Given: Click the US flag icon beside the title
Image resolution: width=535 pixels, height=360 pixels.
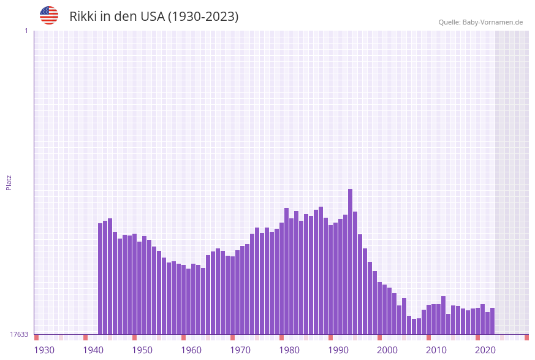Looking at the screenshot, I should (x=49, y=15).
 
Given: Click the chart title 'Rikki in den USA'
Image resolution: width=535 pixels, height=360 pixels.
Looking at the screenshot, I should (x=154, y=17).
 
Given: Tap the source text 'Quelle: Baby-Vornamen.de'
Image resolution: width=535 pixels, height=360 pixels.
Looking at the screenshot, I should (x=480, y=22).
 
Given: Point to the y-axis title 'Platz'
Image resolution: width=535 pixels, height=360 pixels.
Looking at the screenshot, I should (x=9, y=182).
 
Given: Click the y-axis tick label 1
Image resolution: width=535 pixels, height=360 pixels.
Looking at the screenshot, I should (x=26, y=31).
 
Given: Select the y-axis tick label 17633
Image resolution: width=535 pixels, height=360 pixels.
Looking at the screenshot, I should (x=19, y=334).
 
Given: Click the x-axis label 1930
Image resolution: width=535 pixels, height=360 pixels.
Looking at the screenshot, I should (x=44, y=350).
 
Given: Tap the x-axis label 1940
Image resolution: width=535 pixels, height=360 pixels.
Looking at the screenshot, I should (x=93, y=350).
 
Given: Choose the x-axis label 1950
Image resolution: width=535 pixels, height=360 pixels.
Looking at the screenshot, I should (x=142, y=350).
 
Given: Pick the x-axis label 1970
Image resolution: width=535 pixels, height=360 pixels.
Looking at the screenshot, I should (x=240, y=350).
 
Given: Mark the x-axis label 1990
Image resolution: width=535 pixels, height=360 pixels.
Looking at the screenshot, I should (x=338, y=350).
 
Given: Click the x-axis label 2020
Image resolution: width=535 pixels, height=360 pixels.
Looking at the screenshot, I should (x=485, y=350).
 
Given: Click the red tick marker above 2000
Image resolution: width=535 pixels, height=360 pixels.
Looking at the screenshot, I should (x=379, y=337).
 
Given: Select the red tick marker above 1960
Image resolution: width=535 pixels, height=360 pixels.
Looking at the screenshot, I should (x=183, y=337).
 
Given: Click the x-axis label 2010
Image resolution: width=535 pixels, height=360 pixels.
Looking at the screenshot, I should (x=436, y=350).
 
